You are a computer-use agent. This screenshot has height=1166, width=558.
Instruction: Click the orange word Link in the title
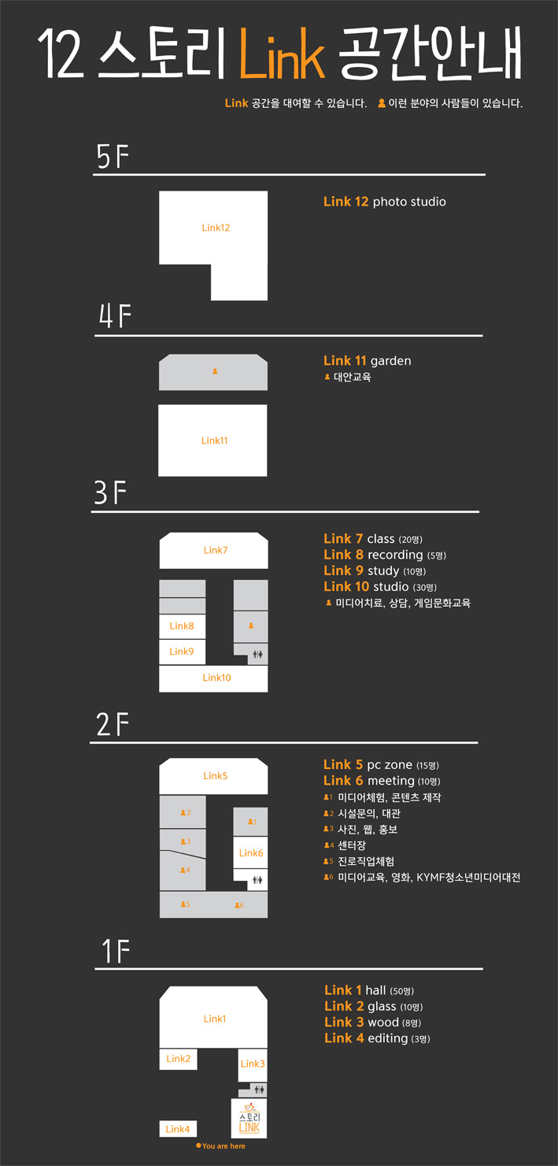[x=282, y=54]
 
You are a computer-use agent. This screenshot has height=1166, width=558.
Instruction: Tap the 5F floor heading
[x=113, y=156]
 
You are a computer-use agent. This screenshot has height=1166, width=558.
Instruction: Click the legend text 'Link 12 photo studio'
[x=384, y=202]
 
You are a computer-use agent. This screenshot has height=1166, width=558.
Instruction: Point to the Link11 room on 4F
[x=212, y=440]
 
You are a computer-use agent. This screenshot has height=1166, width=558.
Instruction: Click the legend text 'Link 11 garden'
[x=367, y=361]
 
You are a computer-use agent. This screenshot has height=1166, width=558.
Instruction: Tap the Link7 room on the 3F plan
[x=214, y=550]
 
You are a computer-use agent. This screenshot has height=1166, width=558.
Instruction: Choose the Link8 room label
[x=182, y=626]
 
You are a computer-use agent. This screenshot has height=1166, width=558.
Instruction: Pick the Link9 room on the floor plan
[x=182, y=652]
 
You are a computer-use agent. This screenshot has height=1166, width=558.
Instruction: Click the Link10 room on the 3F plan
[x=214, y=678]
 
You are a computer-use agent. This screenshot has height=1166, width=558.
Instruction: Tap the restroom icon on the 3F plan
[x=258, y=655]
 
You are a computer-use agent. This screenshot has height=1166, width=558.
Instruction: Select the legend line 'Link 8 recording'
[x=385, y=555]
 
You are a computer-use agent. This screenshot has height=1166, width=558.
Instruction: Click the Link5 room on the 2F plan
[x=214, y=775]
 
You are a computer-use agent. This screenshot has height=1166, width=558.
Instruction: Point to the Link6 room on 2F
[x=250, y=852]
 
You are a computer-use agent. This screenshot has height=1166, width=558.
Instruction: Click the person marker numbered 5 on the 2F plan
[x=185, y=904]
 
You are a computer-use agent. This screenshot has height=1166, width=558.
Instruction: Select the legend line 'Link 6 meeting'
[x=382, y=781]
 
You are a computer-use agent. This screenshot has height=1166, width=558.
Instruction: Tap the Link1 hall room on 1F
[x=214, y=1018]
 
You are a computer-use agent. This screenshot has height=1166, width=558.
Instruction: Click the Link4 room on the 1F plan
[x=178, y=1128]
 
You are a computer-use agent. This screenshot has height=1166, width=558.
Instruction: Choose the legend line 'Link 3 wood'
[x=373, y=1023]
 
